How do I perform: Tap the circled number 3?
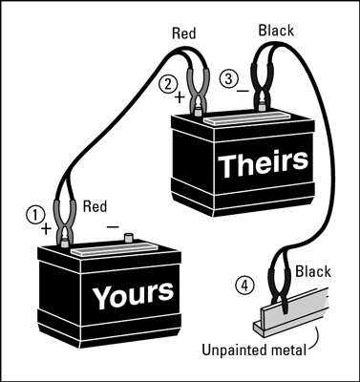coord(228,79)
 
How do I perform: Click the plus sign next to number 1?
coord(45,229)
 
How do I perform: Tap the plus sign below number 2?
coord(178,96)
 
